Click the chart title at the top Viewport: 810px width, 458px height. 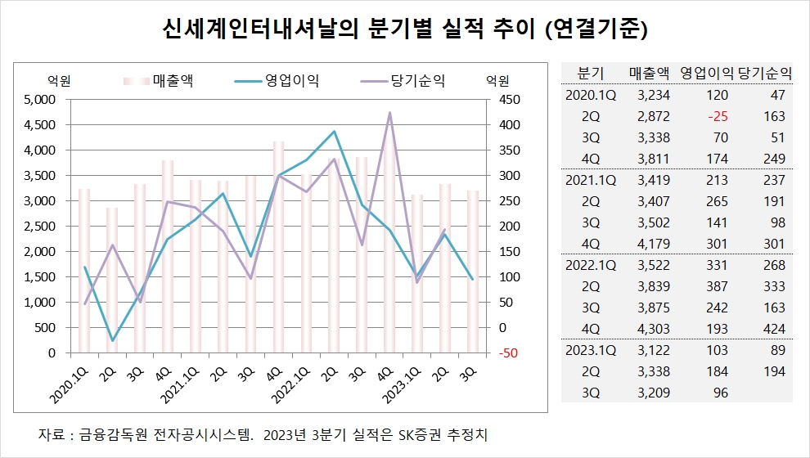coord(405,30)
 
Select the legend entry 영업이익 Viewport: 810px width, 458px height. coord(291,80)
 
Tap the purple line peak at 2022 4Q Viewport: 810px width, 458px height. coord(389,113)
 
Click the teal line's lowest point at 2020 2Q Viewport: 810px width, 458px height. coord(112,340)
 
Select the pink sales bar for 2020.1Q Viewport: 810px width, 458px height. coord(84,270)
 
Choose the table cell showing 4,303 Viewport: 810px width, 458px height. coord(650,329)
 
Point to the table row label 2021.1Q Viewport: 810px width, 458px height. coord(591,180)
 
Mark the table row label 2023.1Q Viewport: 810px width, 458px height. coord(591,350)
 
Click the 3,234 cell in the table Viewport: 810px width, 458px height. coord(650,95)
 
